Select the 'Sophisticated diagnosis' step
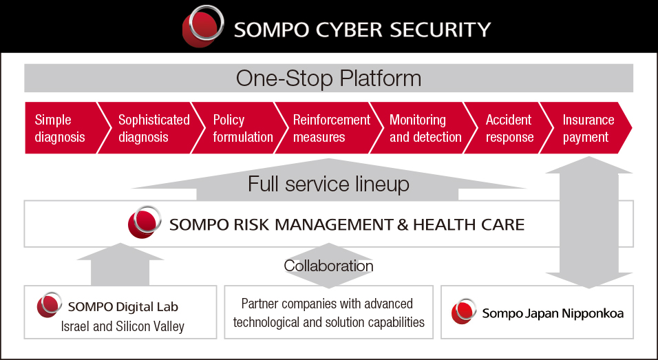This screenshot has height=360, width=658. pos(151,127)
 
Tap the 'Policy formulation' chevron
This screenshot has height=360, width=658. pos(240,127)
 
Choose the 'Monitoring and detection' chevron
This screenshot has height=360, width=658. pos(424,127)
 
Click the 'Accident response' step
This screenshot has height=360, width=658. pos(508,127)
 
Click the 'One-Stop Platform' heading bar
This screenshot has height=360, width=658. pos(328,78)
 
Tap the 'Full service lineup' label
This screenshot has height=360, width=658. pos(328,184)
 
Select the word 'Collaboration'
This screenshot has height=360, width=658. pos(328,266)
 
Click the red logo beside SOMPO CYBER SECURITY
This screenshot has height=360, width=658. pos(203,26)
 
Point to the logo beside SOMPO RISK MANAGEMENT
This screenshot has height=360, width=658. pos(145,222)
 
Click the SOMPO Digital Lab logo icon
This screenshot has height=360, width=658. pos(50,305)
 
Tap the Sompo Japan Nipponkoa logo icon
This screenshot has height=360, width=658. pos(464,311)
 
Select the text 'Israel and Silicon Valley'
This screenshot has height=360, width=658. pos(123,326)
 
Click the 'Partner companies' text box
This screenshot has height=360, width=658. pos(328,313)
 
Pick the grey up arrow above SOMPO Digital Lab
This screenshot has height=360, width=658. pos(120,264)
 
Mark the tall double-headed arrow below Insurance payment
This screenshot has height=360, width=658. pos(588,222)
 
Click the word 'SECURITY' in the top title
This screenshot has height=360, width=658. pos(441,30)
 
